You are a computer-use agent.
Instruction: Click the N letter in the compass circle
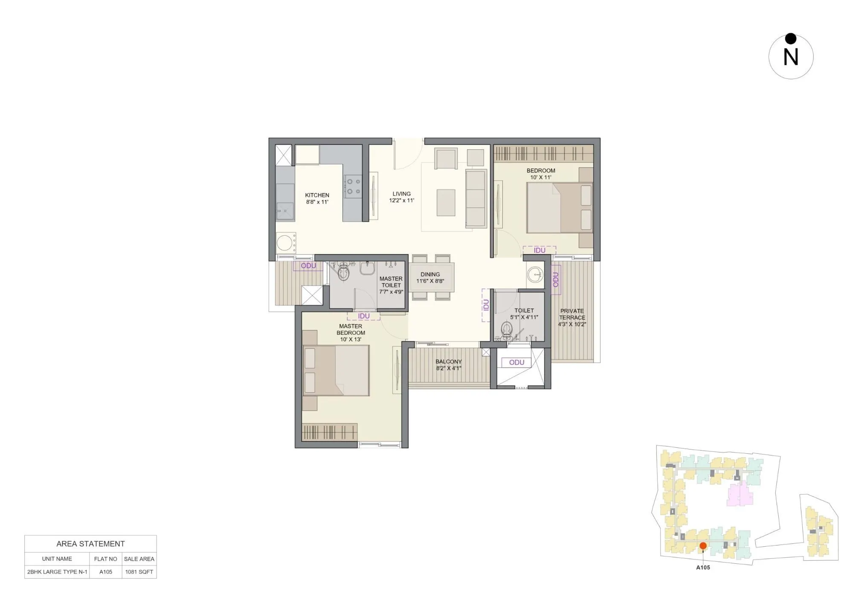tap(791, 57)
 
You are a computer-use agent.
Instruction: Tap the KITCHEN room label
tap(317, 195)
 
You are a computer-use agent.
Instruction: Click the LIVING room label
tap(401, 194)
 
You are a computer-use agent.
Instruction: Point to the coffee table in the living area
tap(446, 203)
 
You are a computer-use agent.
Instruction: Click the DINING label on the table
tap(430, 275)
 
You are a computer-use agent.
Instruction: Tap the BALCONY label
tap(448, 362)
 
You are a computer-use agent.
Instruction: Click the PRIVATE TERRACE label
tap(572, 314)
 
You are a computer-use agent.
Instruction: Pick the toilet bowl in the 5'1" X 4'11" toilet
tap(507, 329)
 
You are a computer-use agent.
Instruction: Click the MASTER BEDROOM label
tap(351, 329)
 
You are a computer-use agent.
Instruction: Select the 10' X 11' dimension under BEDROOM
tap(540, 177)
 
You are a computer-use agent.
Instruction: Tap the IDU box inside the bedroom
tap(540, 250)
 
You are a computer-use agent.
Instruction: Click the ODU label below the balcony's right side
tap(516, 362)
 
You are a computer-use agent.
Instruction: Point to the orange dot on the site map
tap(703, 546)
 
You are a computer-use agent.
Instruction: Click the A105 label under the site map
tap(703, 568)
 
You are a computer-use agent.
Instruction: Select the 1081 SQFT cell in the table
tap(139, 572)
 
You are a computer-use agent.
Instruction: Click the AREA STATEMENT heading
tap(90, 544)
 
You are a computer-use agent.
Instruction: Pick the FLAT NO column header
tap(105, 559)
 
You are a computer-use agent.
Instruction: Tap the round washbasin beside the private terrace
tap(535, 275)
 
